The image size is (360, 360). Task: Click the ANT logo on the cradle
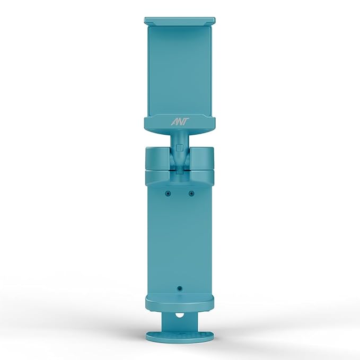(180, 122)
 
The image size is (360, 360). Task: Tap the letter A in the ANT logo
(173, 122)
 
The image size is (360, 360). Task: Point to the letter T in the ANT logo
(185, 122)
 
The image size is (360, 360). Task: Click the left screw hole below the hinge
(169, 194)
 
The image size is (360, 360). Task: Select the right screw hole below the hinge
(191, 194)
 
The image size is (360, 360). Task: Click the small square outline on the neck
(180, 147)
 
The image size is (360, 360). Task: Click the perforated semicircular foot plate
(180, 335)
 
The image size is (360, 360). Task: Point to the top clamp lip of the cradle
(180, 21)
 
